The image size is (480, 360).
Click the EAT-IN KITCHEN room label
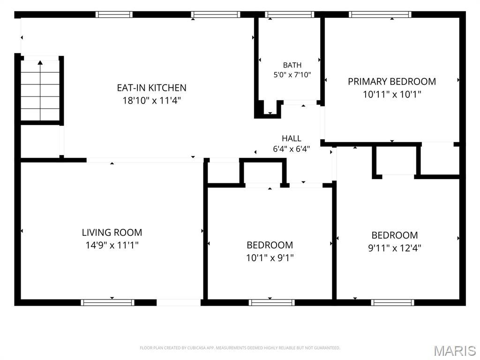click(x=151, y=88)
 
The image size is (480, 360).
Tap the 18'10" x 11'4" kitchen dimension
click(x=152, y=100)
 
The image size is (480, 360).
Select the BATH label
click(x=292, y=65)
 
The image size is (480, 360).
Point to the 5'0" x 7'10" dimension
click(x=292, y=75)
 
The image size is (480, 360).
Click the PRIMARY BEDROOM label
click(x=392, y=82)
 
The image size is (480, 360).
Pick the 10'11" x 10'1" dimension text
click(x=392, y=94)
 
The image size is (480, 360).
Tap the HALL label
click(x=292, y=138)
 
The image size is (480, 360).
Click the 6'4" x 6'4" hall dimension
click(x=292, y=149)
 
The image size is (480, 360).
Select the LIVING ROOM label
click(x=112, y=232)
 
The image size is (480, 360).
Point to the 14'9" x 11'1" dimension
click(x=112, y=245)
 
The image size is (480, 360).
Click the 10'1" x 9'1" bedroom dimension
click(x=270, y=258)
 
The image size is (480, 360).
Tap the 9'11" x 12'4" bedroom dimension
click(x=395, y=247)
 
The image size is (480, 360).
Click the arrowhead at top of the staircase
click(x=40, y=62)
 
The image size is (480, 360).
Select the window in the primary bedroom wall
click(x=380, y=15)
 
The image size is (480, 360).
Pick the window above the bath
click(x=290, y=15)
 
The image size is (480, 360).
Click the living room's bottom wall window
click(x=107, y=303)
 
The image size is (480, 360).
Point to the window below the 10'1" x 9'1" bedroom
click(x=271, y=303)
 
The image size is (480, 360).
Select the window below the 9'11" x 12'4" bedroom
click(x=392, y=303)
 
